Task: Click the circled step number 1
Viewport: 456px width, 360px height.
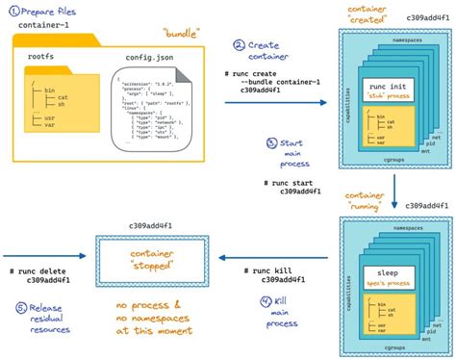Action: click(x=12, y=12)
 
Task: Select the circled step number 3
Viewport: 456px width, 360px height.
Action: click(x=272, y=143)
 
